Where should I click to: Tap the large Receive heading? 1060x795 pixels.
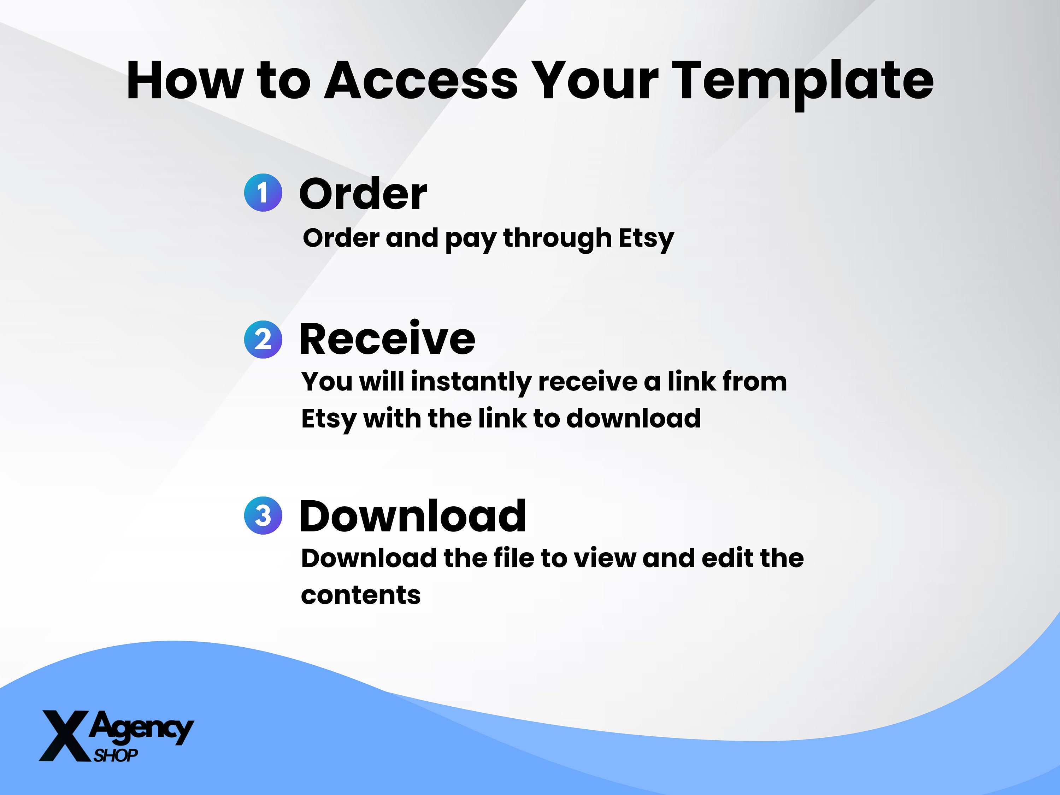click(387, 339)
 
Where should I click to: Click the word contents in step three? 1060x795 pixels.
click(360, 595)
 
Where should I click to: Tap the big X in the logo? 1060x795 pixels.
click(65, 736)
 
